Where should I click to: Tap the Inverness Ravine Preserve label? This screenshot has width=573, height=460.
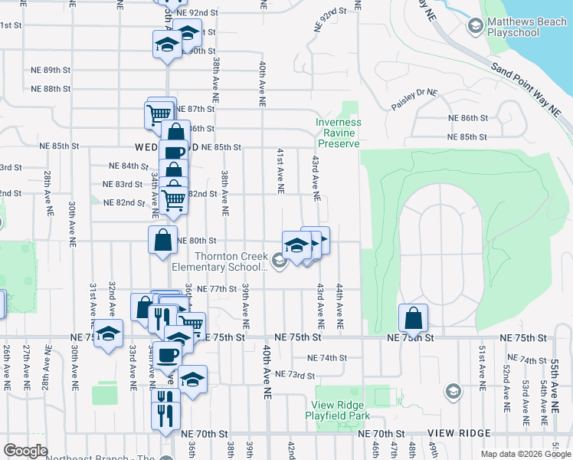[338, 133]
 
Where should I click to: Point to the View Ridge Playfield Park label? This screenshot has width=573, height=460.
[341, 410]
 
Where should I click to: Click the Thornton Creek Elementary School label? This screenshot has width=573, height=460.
[219, 261]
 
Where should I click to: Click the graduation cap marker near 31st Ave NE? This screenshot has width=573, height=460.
[109, 334]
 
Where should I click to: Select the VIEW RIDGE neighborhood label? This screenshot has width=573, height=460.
[459, 433]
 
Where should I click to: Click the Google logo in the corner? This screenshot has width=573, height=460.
[25, 451]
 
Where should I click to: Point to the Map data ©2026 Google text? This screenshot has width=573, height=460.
[526, 454]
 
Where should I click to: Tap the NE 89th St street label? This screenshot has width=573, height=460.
[41, 70]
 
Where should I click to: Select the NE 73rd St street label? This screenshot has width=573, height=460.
[296, 375]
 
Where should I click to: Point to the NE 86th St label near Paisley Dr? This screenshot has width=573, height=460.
[468, 118]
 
